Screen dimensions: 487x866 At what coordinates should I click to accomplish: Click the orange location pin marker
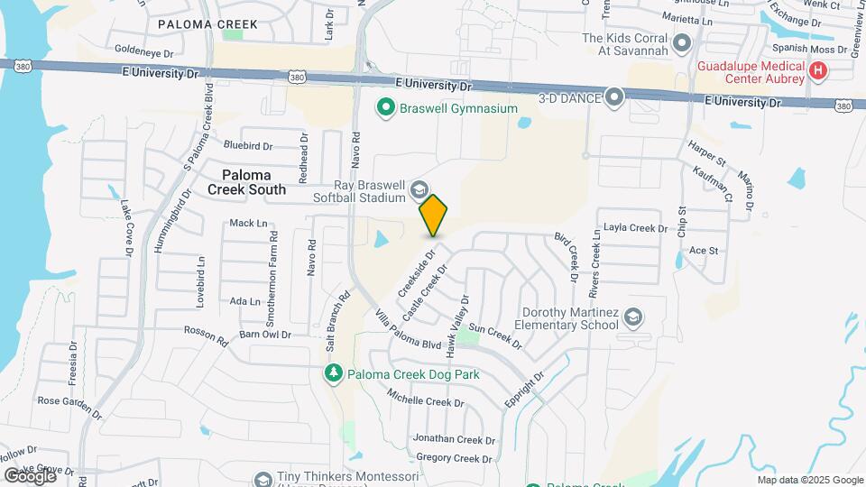434,215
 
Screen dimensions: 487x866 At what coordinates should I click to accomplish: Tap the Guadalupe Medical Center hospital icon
818,69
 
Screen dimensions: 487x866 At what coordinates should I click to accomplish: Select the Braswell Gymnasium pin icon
386,109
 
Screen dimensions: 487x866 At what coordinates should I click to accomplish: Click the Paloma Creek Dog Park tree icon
334,373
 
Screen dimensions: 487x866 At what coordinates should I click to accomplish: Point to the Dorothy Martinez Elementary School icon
633,317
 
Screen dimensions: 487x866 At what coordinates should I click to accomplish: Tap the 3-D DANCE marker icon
615,96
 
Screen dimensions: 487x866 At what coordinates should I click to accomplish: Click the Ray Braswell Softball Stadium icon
419,189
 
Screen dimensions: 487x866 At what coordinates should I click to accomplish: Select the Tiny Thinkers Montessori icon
263,479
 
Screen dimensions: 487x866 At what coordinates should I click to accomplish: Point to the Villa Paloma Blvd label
407,329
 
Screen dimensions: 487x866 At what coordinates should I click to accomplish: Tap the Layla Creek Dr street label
636,228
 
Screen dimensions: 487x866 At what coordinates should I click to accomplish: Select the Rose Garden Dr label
69,405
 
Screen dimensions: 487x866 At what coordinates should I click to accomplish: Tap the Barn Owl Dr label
264,335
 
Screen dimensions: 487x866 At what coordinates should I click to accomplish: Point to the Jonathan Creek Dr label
454,439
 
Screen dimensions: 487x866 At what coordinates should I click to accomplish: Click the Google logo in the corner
29,475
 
